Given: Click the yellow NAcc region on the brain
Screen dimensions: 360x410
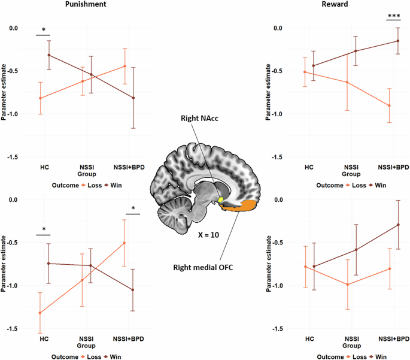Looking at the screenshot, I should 220,199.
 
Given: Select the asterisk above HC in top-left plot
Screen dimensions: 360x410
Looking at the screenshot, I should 44,30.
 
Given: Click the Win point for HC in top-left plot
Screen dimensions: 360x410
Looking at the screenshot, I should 49,55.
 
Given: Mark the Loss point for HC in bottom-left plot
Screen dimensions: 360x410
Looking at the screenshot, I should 40,313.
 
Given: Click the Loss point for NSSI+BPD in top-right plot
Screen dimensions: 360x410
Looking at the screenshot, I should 389,105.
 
